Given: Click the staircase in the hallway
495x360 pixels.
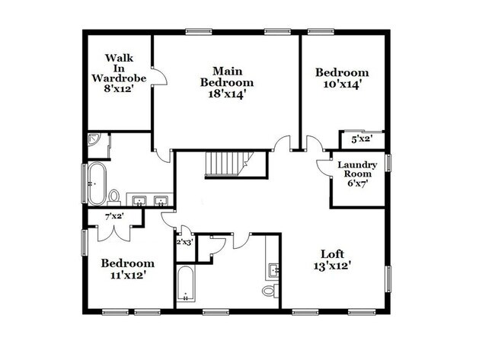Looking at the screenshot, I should [226, 163].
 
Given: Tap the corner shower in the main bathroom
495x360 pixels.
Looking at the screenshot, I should [94, 141].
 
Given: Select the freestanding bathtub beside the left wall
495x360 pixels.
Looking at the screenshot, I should [97, 184].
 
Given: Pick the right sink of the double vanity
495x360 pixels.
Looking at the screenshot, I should [161, 202].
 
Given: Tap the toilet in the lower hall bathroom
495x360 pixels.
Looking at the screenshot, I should [270, 292].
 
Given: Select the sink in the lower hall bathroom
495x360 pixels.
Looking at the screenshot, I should [274, 269].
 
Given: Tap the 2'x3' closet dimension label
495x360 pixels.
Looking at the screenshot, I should [184, 242].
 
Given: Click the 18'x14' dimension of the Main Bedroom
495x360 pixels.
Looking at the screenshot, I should [226, 94].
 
